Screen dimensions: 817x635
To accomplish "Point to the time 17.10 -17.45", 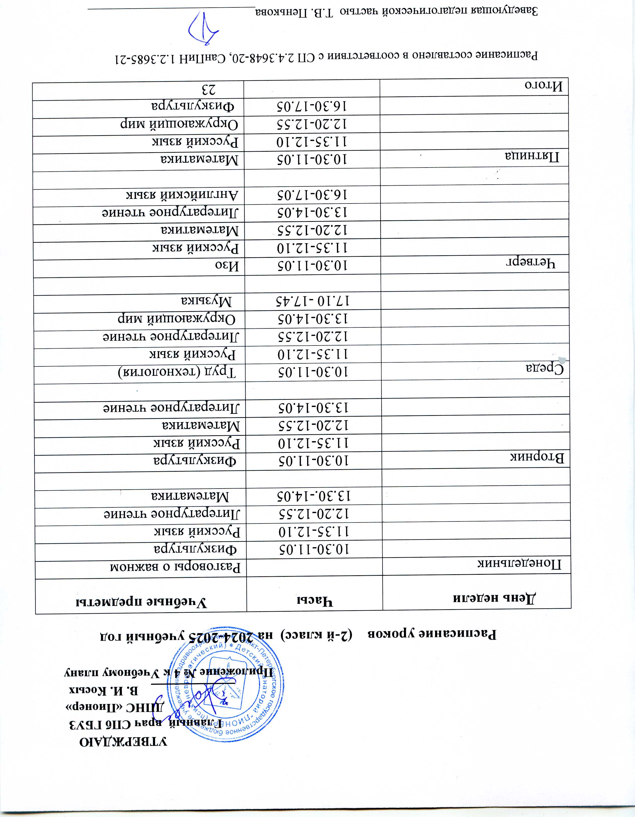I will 310,301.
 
